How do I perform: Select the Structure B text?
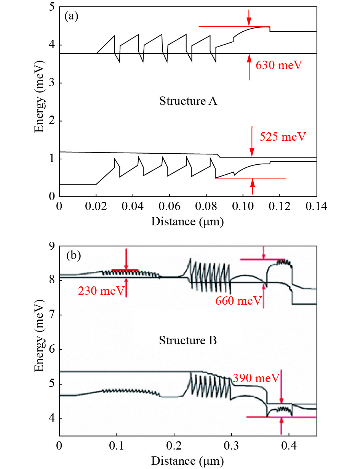click(x=188, y=340)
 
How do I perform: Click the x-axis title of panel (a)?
click(x=187, y=221)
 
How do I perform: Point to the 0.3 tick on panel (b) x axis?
click(x=231, y=445)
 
